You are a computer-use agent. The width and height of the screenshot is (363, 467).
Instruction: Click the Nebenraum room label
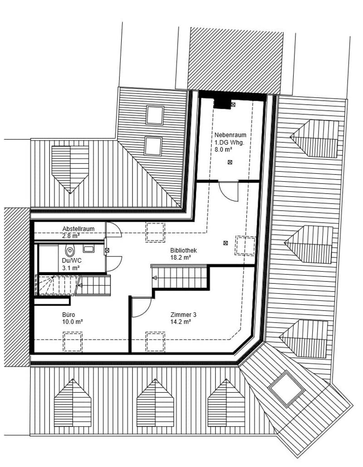coord(231,135)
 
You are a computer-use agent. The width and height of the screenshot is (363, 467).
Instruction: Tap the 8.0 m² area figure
coord(223,150)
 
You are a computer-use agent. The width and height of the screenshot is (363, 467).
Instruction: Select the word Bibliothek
coord(183,250)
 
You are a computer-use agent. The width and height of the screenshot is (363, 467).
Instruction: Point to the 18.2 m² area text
coord(181,258)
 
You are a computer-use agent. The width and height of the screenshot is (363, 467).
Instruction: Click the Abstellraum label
coord(78,229)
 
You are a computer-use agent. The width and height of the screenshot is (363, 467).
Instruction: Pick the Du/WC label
coord(72,261)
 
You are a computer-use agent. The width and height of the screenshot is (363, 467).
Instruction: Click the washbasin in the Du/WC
coord(88,249)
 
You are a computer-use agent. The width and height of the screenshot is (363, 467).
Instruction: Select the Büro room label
coord(69,315)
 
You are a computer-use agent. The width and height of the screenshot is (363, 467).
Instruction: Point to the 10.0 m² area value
coord(73,322)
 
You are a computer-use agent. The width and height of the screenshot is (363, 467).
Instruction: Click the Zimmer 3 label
coord(183,315)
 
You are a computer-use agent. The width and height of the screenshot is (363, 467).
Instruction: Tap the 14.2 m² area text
coord(181,322)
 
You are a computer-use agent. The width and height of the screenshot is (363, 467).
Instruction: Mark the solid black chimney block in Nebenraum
coord(222,104)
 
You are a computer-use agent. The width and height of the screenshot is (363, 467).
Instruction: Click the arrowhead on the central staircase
coord(154,278)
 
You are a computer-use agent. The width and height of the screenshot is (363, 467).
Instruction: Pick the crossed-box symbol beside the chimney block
coord(233,104)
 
